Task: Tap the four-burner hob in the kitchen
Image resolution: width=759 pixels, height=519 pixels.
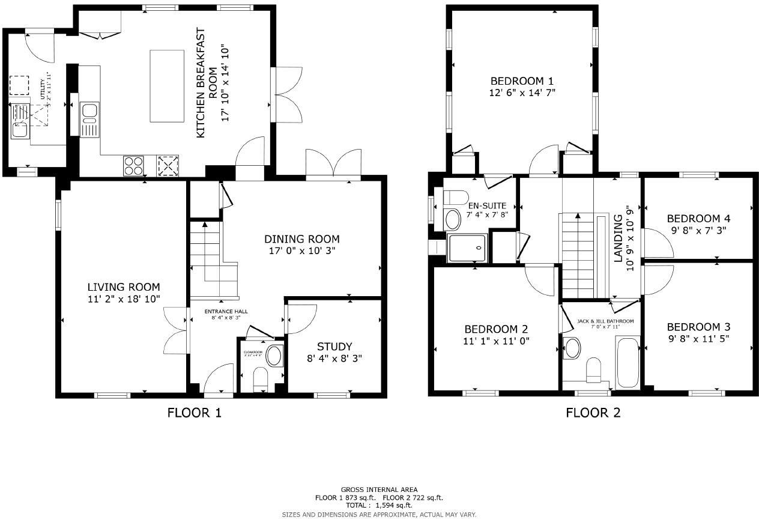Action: [133, 165]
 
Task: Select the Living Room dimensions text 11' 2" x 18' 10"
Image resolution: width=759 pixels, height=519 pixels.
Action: [124, 299]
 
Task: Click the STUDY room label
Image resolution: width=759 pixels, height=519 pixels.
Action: [334, 347]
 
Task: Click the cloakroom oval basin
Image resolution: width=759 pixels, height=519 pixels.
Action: [274, 356]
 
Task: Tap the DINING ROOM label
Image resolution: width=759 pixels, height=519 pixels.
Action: [301, 239]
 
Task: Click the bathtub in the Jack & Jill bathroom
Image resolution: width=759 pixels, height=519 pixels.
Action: [627, 362]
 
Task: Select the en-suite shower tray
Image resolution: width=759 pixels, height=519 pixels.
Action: [467, 247]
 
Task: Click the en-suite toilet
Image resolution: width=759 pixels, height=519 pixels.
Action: [456, 198]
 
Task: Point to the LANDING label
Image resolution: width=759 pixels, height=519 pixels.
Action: [618, 238]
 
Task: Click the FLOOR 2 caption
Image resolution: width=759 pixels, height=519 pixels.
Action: [593, 413]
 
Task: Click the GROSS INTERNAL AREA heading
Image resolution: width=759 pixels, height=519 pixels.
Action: [379, 490]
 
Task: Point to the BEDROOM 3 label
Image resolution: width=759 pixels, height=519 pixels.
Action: [698, 327]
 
